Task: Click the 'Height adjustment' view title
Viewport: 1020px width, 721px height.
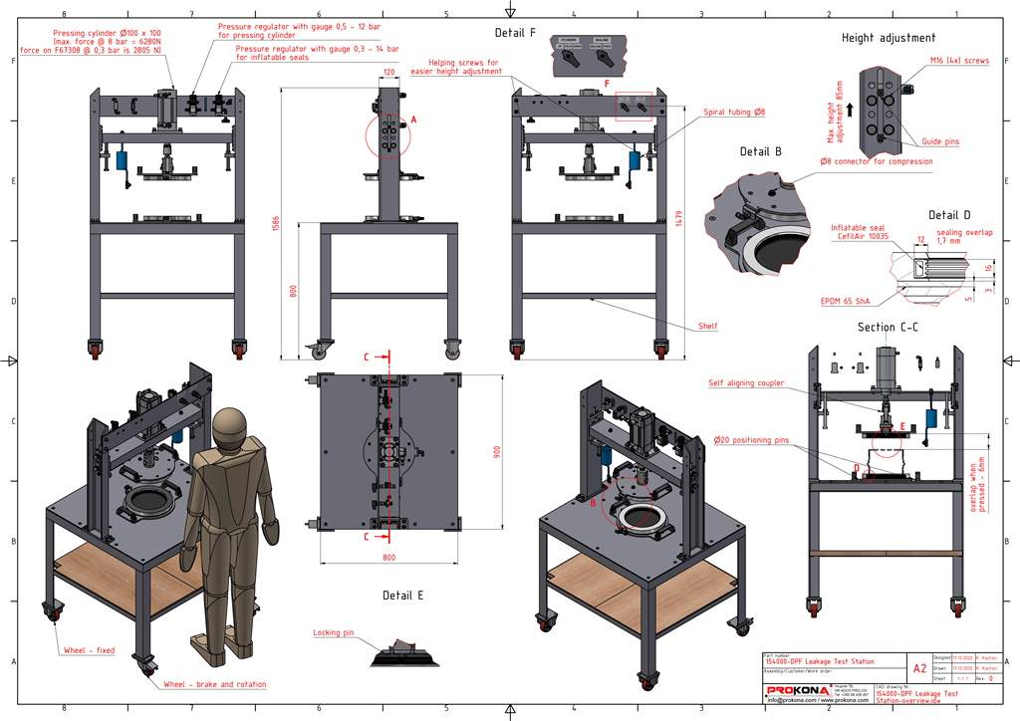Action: [889, 38]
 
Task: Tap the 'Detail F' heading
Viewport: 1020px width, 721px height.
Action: [516, 33]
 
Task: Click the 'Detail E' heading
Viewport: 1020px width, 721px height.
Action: [403, 596]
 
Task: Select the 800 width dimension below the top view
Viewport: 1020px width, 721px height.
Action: [388, 559]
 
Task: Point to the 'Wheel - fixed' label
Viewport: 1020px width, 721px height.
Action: [90, 650]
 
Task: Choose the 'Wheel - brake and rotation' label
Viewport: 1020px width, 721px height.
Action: [214, 685]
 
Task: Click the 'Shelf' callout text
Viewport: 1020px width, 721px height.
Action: [707, 326]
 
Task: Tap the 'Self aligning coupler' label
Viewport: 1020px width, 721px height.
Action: [745, 382]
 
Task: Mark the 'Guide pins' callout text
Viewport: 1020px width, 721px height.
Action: [937, 142]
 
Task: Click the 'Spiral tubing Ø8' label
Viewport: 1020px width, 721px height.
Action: [734, 113]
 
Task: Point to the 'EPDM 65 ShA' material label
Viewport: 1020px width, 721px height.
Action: [843, 298]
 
